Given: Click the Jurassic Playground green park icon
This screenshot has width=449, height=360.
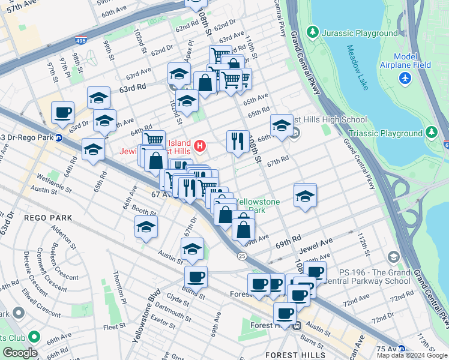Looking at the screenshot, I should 312,32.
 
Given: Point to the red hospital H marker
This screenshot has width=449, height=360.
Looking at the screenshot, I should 200,146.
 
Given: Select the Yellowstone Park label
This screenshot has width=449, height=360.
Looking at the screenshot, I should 258,206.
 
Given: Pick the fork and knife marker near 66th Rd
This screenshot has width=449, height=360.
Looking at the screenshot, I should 238,141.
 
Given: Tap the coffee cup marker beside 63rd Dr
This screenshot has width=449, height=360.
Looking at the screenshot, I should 62,112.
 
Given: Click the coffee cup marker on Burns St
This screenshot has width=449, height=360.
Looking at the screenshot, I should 196,277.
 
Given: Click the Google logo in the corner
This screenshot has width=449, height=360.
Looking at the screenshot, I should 20,353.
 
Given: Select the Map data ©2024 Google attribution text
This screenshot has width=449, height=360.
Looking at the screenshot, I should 412,355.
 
